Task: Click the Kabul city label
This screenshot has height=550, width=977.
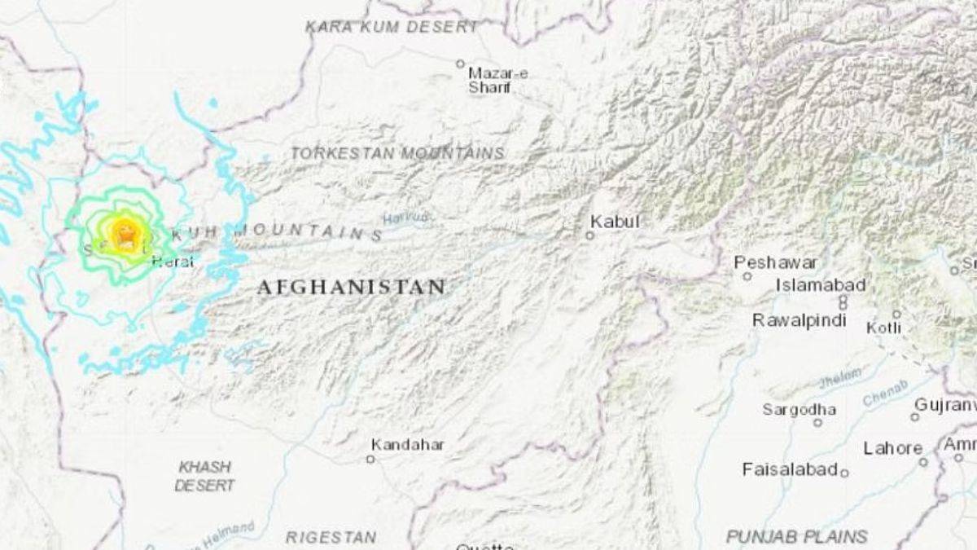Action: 615,222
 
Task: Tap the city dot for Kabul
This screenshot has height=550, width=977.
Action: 589,235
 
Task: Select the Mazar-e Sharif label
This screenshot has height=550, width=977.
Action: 497,80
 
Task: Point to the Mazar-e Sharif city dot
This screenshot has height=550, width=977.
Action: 460,64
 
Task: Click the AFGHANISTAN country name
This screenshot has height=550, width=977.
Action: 352,287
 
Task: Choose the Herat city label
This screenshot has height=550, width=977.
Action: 173,261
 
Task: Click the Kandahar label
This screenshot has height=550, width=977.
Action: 407,445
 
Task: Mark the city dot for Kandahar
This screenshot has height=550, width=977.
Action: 370,460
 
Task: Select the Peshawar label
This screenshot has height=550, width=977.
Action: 775,262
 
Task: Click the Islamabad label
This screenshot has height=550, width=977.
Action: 820,285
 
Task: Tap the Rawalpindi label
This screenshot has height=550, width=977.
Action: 799,320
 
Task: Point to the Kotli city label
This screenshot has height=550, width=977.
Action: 883,328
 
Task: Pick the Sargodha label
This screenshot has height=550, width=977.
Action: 799,409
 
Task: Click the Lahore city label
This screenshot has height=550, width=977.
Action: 892,448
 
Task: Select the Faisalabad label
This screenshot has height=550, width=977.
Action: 790,469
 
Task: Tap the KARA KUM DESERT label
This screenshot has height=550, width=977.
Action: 392,27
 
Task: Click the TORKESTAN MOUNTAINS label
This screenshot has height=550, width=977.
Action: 397,153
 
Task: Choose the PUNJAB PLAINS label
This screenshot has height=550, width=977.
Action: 796,536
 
